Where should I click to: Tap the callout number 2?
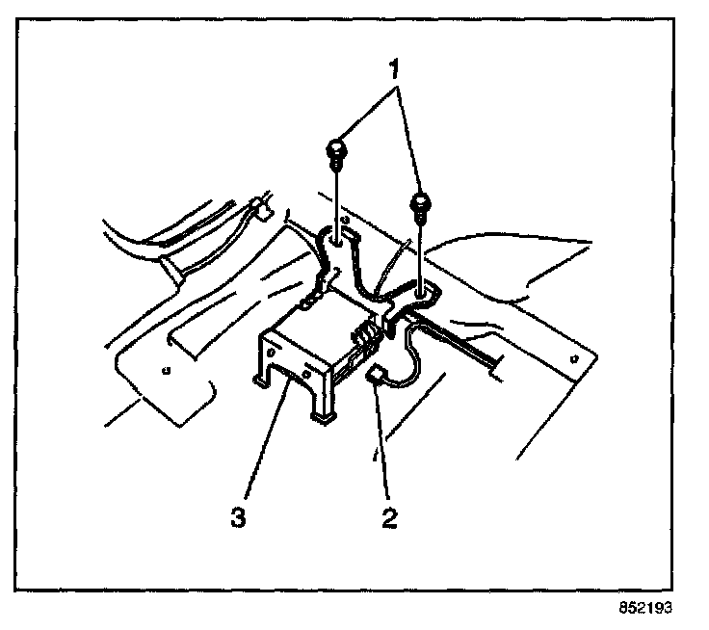[x=389, y=518]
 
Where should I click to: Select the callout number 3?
[x=236, y=518]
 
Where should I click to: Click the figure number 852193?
[x=644, y=609]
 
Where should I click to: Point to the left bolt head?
[x=336, y=149]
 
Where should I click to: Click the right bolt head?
[x=421, y=204]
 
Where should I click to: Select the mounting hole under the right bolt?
[x=421, y=286]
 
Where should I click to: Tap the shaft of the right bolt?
[x=421, y=246]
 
